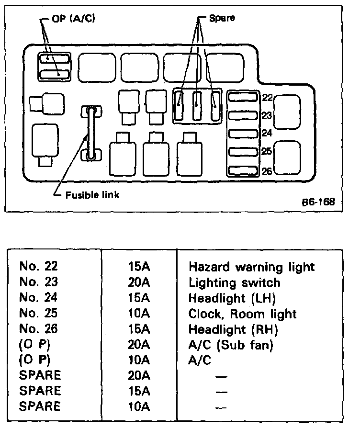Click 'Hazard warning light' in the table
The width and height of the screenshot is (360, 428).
pos(252,267)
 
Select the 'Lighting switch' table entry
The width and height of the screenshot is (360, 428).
pos(235,282)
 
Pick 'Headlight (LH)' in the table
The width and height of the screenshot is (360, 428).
pos(233,298)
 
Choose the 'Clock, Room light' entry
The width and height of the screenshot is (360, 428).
pos(243,314)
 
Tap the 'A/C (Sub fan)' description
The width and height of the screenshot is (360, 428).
pos(230,345)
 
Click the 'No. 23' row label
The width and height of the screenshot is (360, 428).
pos(38,282)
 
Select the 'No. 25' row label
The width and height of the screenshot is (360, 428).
pos(38,314)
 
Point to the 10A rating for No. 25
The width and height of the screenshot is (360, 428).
pos(139,314)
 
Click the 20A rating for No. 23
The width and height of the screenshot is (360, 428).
pos(139,282)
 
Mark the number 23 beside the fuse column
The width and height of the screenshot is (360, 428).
pos(267,115)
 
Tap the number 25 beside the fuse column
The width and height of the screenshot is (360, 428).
pos(267,152)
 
